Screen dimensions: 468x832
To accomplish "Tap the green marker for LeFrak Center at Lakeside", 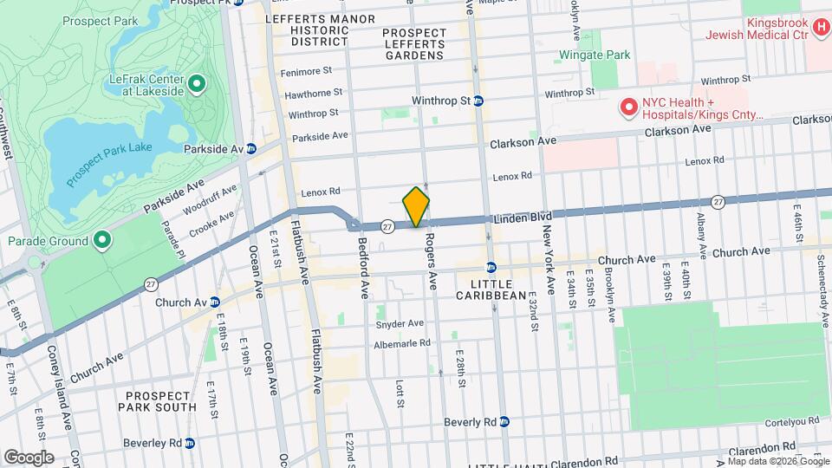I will point(197,84).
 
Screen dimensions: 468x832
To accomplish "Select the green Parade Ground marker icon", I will point(101,240).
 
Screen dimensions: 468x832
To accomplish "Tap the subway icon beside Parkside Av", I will point(250,149).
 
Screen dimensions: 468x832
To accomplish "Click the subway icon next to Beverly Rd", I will point(508,422).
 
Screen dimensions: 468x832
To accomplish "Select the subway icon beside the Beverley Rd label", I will point(190,443).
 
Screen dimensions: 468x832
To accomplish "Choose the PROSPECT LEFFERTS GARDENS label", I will point(414,44).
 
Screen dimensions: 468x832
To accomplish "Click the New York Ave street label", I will point(549,257).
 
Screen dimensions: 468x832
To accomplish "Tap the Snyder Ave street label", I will point(400,324).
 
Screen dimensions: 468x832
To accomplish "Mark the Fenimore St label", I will point(310,70).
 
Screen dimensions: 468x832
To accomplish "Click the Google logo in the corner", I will point(29,457).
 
